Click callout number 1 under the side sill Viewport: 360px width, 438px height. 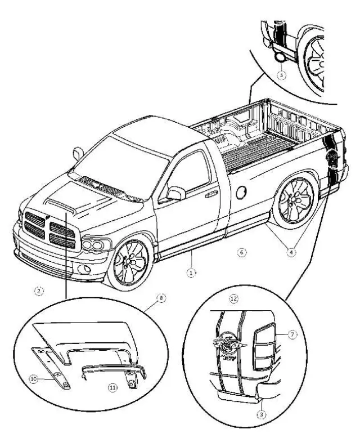191,271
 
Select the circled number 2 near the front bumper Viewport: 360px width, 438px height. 38,290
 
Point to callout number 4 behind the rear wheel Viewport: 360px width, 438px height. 291,253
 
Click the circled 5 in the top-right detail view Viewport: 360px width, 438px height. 282,73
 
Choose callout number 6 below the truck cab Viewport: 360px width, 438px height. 240,253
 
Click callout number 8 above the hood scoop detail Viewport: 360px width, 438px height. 162,298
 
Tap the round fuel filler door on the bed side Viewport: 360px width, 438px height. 241,192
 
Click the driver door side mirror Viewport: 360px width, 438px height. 176,193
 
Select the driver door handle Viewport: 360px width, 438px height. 211,194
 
